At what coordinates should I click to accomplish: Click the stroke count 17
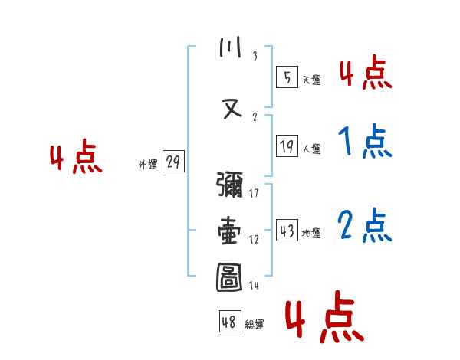(x=255, y=193)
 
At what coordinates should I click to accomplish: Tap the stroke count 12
(x=255, y=239)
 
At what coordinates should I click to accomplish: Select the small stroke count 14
(x=255, y=285)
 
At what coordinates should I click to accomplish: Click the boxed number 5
(x=287, y=77)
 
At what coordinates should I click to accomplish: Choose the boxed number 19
(x=287, y=146)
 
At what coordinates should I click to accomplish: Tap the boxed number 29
(x=172, y=162)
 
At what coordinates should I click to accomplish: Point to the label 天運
(x=312, y=80)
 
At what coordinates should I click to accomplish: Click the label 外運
(x=147, y=164)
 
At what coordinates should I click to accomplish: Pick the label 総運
(x=254, y=325)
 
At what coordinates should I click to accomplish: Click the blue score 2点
(x=365, y=226)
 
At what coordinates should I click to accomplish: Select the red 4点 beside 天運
(x=365, y=74)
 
